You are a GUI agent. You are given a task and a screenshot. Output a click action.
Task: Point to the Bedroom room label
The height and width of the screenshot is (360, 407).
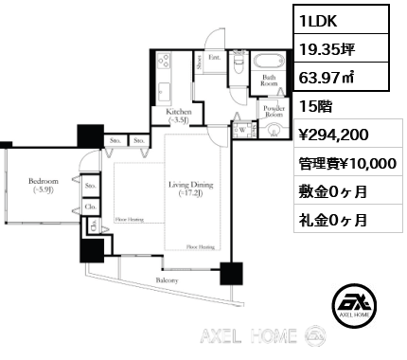tap(43, 185)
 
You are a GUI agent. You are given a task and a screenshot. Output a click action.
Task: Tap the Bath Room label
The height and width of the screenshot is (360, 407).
tap(269, 82)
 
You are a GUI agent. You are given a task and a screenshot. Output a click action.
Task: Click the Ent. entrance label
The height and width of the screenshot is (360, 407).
tap(216, 58)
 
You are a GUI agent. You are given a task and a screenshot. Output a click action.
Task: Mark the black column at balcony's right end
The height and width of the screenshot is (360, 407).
tap(230, 274)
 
